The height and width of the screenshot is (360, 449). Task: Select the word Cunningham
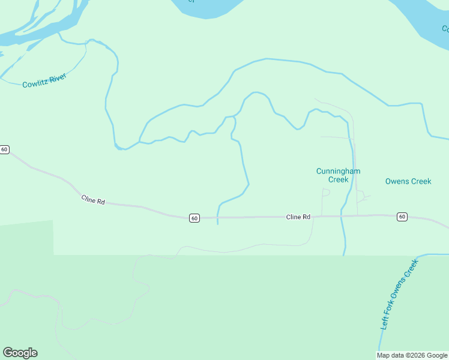339,171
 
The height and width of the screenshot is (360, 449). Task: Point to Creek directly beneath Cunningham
339,179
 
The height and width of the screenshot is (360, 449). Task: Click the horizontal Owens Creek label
408,181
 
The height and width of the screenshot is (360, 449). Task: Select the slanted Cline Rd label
93,200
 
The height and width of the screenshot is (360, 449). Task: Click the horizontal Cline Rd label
298,217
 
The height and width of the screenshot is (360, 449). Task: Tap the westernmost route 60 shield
4,149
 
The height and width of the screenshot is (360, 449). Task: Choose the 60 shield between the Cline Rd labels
194,218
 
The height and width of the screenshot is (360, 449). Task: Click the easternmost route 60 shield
402,217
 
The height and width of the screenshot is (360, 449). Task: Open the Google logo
20,353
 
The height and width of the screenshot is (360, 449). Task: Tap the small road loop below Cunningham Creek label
326,193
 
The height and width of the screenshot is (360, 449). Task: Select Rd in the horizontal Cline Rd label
306,217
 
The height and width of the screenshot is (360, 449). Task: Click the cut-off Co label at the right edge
445,28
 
